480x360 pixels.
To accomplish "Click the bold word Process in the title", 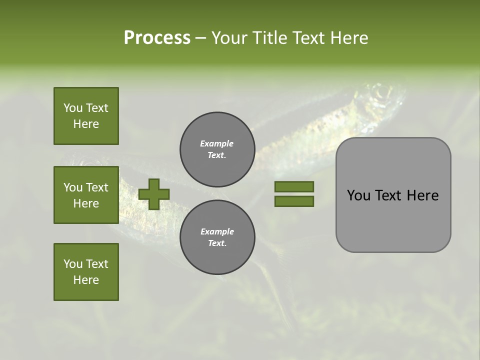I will tap(157, 38).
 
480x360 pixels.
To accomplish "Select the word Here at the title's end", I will tap(348, 38).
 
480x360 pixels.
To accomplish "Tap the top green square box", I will tap(86, 116).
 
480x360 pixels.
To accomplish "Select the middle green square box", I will tap(86, 195).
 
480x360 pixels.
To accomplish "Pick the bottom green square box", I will tap(86, 272).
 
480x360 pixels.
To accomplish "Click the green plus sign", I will tap(154, 194).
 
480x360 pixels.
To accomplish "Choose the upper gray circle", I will tap(217, 149).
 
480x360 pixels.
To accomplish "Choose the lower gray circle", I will tap(217, 237).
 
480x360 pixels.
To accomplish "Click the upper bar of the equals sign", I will tap(294, 186).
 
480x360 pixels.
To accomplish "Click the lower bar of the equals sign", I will tap(294, 201).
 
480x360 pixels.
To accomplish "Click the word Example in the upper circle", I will tap(217, 143).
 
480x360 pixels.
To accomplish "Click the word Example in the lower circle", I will tap(217, 231).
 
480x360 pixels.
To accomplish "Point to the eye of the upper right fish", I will tap(382, 92).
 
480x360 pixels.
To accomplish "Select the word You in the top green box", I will tap(72, 108).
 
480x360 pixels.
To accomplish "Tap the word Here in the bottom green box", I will tap(86, 280).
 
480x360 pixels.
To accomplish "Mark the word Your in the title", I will tap(229, 38).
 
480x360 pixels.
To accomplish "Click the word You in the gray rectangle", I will tap(358, 195).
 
